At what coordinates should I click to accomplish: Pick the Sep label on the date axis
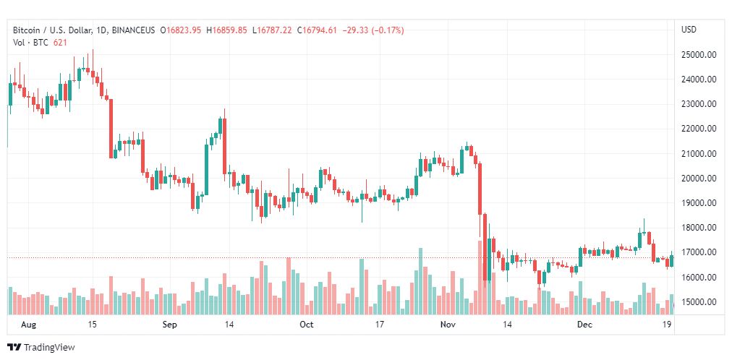click(169, 325)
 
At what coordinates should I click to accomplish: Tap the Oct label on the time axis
click(306, 325)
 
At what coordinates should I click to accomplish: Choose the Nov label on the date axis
click(448, 325)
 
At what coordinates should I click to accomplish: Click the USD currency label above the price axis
click(689, 30)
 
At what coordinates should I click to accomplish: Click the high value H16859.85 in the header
click(226, 30)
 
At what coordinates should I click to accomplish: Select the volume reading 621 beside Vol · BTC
click(60, 42)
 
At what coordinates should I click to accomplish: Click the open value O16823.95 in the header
click(183, 30)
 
